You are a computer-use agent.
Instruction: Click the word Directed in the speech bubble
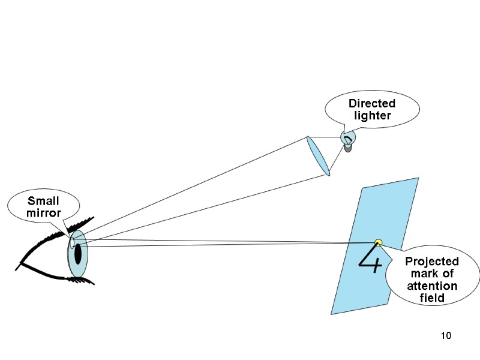(371, 104)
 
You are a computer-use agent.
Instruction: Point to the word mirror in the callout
(43, 212)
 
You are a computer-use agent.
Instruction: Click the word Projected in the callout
(431, 262)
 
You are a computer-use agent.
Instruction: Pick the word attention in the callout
(432, 286)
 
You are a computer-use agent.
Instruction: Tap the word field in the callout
(432, 298)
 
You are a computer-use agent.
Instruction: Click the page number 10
(445, 335)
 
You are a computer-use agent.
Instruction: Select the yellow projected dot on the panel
(378, 242)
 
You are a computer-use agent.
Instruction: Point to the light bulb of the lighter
(348, 138)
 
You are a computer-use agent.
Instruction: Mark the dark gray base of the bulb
(348, 148)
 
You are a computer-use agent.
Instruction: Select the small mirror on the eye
(72, 242)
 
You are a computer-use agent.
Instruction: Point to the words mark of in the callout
(432, 274)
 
